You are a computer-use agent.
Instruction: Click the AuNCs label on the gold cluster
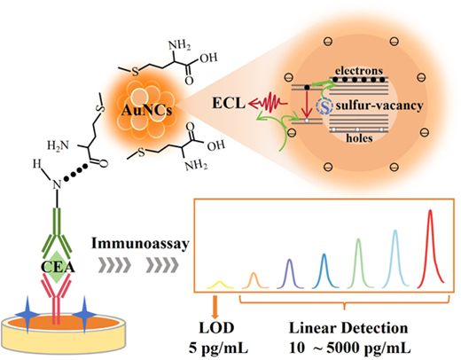[x=146, y=110]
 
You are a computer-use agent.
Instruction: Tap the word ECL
[x=229, y=103]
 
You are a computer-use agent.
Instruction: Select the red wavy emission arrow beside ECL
[x=268, y=103]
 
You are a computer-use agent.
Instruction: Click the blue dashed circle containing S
[x=324, y=106]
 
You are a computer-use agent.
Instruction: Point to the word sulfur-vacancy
[x=379, y=106]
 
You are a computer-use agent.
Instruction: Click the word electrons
[x=359, y=71]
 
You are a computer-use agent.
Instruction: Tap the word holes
[x=359, y=138]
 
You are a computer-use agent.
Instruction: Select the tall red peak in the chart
[x=430, y=249]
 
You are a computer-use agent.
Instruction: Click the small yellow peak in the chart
[x=220, y=285]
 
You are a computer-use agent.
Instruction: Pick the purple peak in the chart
[x=290, y=273]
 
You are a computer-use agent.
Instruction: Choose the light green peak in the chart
[x=358, y=262]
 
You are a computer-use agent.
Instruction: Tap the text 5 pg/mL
[x=218, y=348]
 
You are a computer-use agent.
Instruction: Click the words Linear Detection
[x=348, y=328]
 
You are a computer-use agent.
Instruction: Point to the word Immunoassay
[x=140, y=244]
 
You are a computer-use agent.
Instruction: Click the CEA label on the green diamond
[x=58, y=268]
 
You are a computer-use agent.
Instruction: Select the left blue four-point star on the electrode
[x=27, y=315]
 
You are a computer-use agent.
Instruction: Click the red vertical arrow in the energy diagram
[x=307, y=104]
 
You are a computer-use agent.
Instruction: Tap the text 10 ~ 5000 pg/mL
[x=350, y=348]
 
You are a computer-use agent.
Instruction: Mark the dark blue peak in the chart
[x=324, y=270]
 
